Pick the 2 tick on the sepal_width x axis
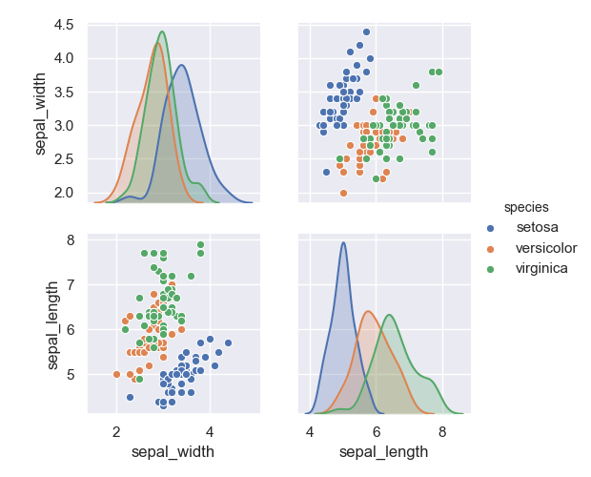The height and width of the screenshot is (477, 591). click(116, 431)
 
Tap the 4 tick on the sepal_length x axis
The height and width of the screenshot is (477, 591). click(310, 431)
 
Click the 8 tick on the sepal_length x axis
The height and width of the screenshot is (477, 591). click(442, 431)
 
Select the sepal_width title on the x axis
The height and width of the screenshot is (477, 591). click(173, 451)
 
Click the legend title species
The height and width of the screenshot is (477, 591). click(526, 206)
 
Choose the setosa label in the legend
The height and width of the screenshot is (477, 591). click(538, 228)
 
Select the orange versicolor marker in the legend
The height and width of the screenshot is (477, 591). click(491, 248)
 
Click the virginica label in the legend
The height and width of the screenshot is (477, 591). click(541, 268)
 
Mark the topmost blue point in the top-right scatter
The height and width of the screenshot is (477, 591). click(366, 31)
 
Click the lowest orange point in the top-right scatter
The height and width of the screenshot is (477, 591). click(343, 193)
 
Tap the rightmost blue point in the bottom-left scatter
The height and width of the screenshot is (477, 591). click(228, 342)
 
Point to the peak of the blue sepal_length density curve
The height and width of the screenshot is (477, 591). click(343, 242)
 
